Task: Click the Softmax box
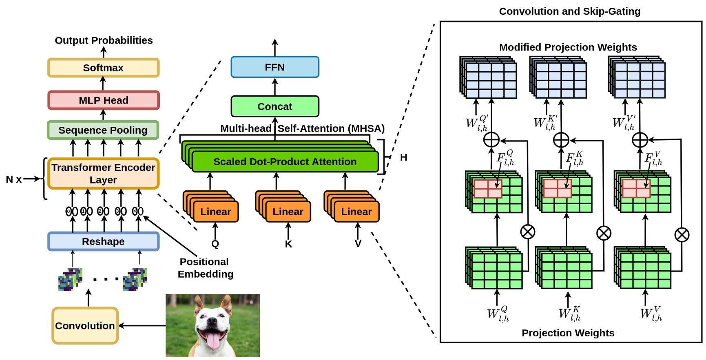[x=103, y=68]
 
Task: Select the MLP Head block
[x=103, y=100]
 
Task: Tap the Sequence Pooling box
[x=103, y=130]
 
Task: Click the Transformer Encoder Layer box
[x=103, y=174]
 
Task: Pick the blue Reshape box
[x=103, y=241]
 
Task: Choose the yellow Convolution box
[x=85, y=325]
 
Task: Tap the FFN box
[x=274, y=67]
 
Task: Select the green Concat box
[x=274, y=106]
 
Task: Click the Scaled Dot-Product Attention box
[x=285, y=162]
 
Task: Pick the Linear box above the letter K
[x=288, y=212]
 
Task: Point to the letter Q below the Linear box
[x=215, y=244]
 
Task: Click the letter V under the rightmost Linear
[x=358, y=244]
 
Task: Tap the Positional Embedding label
[x=205, y=268]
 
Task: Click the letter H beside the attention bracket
[x=403, y=157]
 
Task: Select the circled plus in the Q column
[x=491, y=140]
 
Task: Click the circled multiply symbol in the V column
[x=682, y=234]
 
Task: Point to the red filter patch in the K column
[x=558, y=188]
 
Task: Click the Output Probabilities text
[x=104, y=40]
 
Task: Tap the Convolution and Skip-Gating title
[x=569, y=11]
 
